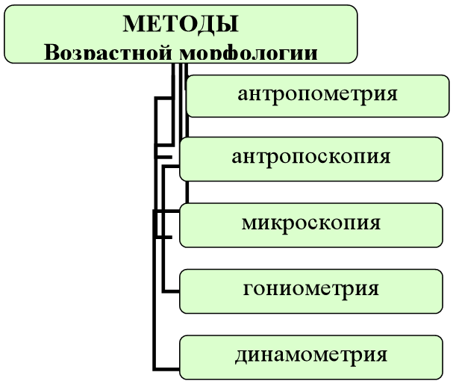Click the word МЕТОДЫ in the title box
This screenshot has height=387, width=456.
[x=181, y=24]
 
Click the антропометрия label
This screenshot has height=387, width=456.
[x=317, y=94]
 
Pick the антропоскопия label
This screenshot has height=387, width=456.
[x=311, y=158]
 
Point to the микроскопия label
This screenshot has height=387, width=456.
[x=311, y=223]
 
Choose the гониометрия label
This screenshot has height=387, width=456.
[x=311, y=288]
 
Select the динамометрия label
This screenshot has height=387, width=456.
[x=311, y=353]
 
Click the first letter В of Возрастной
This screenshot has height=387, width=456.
[x=51, y=54]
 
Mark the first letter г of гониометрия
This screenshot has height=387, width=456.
[x=248, y=289]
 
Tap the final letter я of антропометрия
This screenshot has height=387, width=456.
[x=390, y=95]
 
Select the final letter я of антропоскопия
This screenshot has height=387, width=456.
[x=384, y=158]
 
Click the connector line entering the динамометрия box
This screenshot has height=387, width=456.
[x=167, y=368]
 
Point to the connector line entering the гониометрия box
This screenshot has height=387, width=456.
[x=172, y=290]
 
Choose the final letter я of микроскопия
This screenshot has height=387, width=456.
[x=375, y=223]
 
